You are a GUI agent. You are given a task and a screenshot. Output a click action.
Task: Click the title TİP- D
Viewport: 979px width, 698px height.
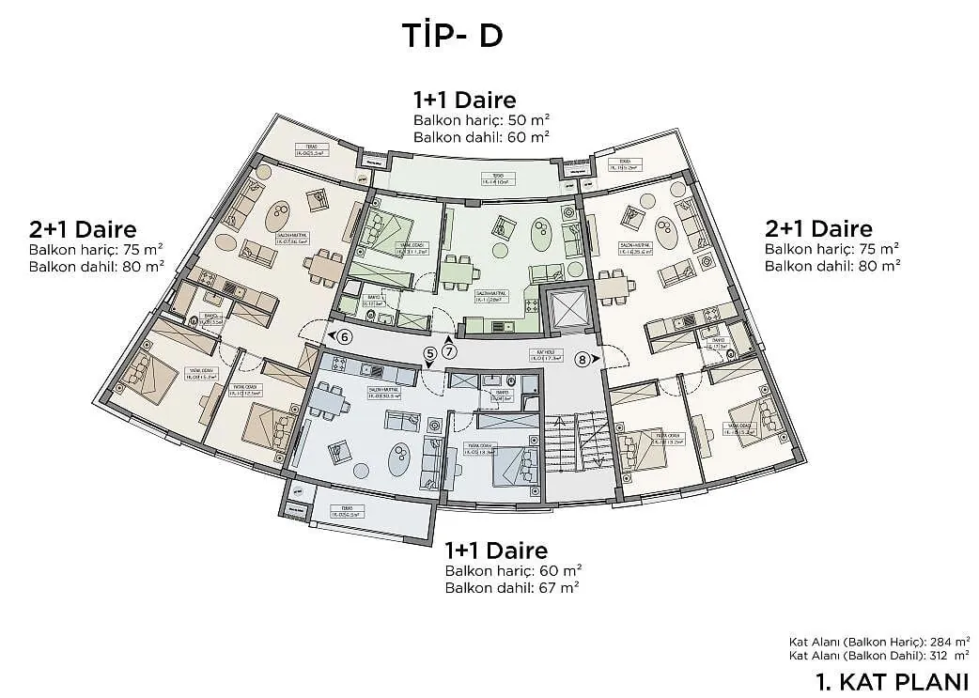click(452, 35)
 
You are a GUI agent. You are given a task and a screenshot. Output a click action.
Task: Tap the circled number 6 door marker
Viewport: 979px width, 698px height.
click(345, 336)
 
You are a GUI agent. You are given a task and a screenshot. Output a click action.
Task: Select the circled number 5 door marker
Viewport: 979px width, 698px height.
click(430, 353)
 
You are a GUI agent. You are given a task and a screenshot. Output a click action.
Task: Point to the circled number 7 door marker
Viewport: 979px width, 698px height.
click(450, 352)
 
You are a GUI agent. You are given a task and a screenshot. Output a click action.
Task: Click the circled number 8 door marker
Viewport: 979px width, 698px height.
click(583, 358)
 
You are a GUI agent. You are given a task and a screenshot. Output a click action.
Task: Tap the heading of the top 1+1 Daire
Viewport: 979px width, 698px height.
click(464, 100)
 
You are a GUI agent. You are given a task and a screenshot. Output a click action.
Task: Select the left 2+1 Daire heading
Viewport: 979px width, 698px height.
click(83, 229)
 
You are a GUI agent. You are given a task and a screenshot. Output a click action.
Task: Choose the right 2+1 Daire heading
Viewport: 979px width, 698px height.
click(818, 228)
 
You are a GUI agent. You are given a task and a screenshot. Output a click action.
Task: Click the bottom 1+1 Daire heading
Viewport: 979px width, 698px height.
click(496, 550)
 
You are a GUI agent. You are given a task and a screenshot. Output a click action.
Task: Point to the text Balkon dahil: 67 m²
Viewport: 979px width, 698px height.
click(512, 587)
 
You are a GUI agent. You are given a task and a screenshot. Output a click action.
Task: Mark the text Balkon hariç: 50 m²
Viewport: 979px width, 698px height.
click(481, 120)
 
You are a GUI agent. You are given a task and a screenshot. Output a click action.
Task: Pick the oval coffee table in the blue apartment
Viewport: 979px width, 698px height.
click(398, 458)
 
